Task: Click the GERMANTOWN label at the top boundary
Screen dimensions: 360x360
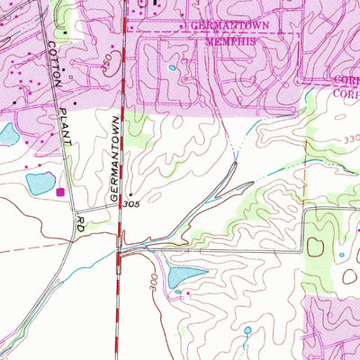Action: pyautogui.click(x=225, y=27)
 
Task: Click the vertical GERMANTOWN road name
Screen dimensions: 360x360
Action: pyautogui.click(x=112, y=162)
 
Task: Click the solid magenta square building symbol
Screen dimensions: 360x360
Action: pyautogui.click(x=61, y=192)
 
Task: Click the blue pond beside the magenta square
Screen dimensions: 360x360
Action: pyautogui.click(x=40, y=184)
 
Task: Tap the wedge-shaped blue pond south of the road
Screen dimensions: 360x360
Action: pyautogui.click(x=186, y=275)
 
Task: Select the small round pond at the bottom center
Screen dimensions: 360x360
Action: pyautogui.click(x=247, y=330)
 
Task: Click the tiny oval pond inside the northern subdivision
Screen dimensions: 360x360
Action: pyautogui.click(x=171, y=67)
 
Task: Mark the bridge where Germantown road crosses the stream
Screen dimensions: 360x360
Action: pyautogui.click(x=121, y=239)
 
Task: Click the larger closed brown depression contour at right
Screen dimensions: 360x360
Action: pyautogui.click(x=315, y=245)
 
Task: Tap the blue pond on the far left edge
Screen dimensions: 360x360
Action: pyautogui.click(x=5, y=135)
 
